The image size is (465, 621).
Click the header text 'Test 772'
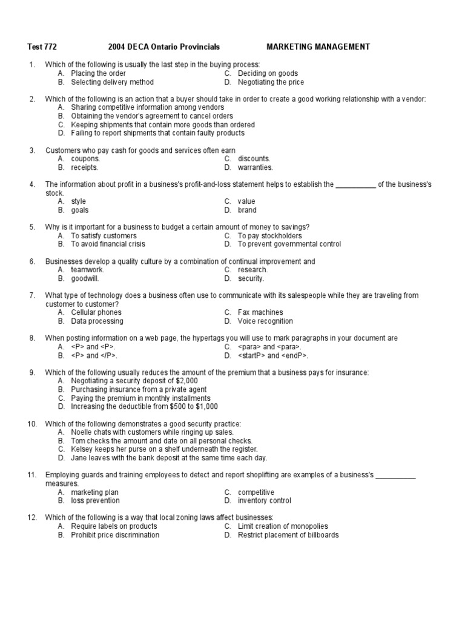coord(42,47)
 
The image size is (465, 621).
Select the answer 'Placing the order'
coord(98,73)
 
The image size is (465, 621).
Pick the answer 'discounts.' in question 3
coord(254,159)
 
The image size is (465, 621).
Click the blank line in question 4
coord(355,184)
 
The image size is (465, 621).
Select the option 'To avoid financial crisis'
coord(108,244)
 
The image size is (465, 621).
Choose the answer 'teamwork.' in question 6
coord(88,270)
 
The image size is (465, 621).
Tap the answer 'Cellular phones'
coord(96,312)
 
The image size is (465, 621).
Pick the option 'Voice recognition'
coord(265,321)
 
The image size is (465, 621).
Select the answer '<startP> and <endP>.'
coord(272,355)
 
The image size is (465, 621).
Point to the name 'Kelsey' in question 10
coord(82,449)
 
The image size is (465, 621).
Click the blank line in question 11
coord(396,475)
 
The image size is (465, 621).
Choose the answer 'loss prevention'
coord(95,501)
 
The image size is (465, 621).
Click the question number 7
coord(31,295)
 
